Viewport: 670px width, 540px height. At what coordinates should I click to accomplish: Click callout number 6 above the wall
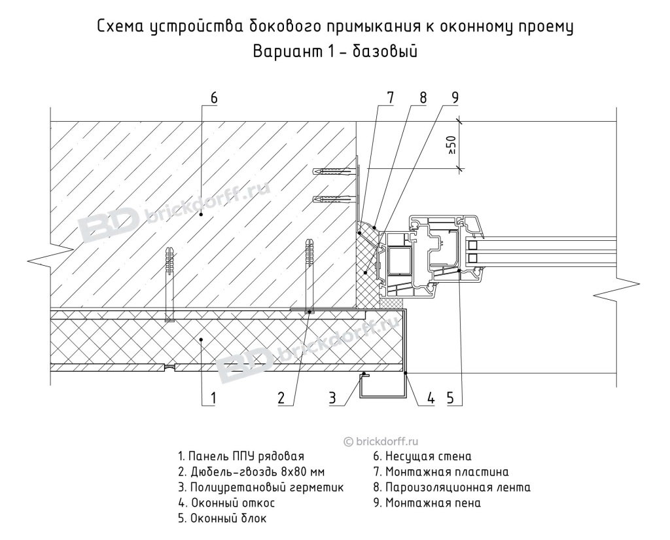click(x=214, y=98)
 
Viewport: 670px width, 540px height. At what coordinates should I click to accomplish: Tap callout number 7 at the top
click(x=390, y=98)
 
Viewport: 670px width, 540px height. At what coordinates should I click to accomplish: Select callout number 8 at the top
click(x=423, y=98)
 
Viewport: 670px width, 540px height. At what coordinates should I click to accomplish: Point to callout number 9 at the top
click(x=453, y=98)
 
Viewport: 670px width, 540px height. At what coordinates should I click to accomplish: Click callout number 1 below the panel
click(x=213, y=397)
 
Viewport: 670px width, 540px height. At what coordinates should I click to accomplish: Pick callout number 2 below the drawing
click(x=281, y=397)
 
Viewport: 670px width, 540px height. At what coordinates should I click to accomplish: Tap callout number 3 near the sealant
click(x=333, y=397)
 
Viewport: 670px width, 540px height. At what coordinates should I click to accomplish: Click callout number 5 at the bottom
click(x=451, y=397)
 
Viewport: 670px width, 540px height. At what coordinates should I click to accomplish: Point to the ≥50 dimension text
click(x=451, y=145)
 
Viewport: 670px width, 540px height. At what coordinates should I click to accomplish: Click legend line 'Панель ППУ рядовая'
click(x=241, y=456)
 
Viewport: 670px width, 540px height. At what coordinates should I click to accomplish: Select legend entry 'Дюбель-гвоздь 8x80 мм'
click(x=251, y=472)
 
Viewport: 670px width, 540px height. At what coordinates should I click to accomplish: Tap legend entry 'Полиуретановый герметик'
click(x=260, y=488)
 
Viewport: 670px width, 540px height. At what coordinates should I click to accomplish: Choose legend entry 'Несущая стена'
click(x=422, y=456)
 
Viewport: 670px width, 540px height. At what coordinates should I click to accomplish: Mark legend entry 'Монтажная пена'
click(x=427, y=503)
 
